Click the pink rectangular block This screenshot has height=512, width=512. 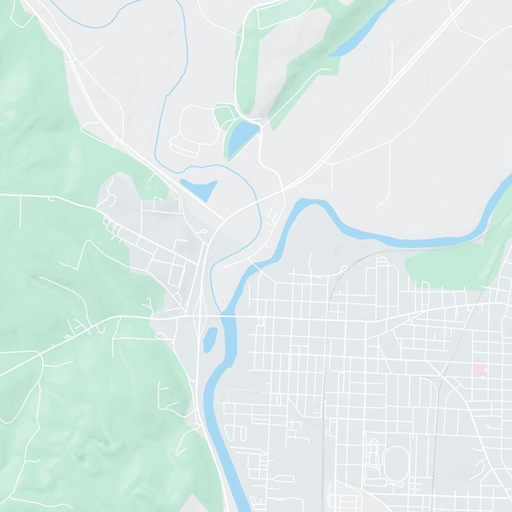pyautogui.click(x=479, y=370)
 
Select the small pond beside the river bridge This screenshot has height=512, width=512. pyautogui.click(x=209, y=339)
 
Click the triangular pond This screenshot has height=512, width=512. pyautogui.click(x=200, y=189)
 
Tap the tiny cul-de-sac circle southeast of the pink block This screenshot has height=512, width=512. pyautogui.click(x=490, y=425)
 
